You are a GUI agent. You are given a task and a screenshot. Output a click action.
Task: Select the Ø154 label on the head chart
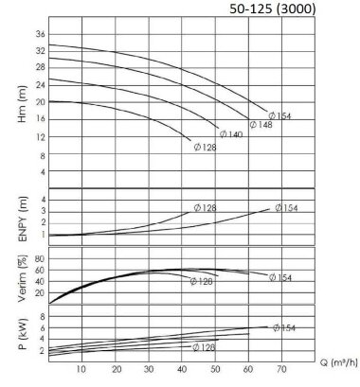tap(280, 114)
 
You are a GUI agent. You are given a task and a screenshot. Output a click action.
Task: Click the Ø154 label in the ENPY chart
tap(283, 207)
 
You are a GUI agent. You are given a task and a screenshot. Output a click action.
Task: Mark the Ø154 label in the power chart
tap(283, 327)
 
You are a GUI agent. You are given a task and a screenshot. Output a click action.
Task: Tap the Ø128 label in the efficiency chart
tap(201, 281)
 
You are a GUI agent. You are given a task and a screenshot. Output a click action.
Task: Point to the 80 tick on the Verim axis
tap(39, 257)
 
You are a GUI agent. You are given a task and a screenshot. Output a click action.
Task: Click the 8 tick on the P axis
tap(41, 316)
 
